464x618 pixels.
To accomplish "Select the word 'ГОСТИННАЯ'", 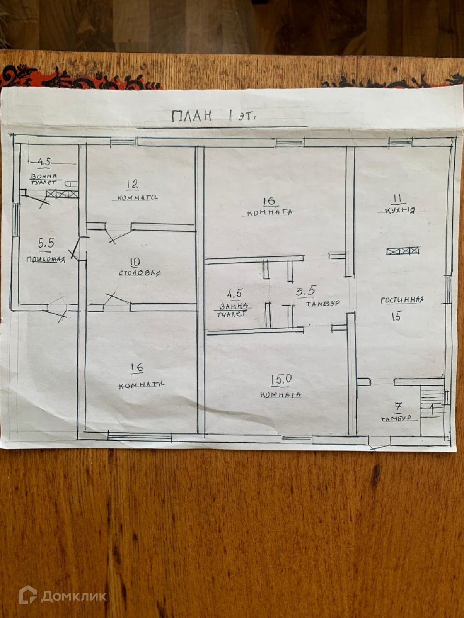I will pyautogui.click(x=402, y=300).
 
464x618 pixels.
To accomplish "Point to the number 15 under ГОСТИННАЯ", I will pyautogui.click(x=396, y=317).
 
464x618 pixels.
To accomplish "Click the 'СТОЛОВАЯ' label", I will pyautogui.click(x=140, y=273).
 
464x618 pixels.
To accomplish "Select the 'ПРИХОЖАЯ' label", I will pyautogui.click(x=46, y=260).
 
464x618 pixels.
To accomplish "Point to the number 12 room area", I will pyautogui.click(x=132, y=184).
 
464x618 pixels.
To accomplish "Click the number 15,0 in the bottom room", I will pyautogui.click(x=281, y=380).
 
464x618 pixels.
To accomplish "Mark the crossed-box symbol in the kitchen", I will pyautogui.click(x=403, y=251).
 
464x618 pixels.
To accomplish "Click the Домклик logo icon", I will pyautogui.click(x=28, y=595).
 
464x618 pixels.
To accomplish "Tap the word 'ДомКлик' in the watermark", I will pyautogui.click(x=74, y=596).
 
